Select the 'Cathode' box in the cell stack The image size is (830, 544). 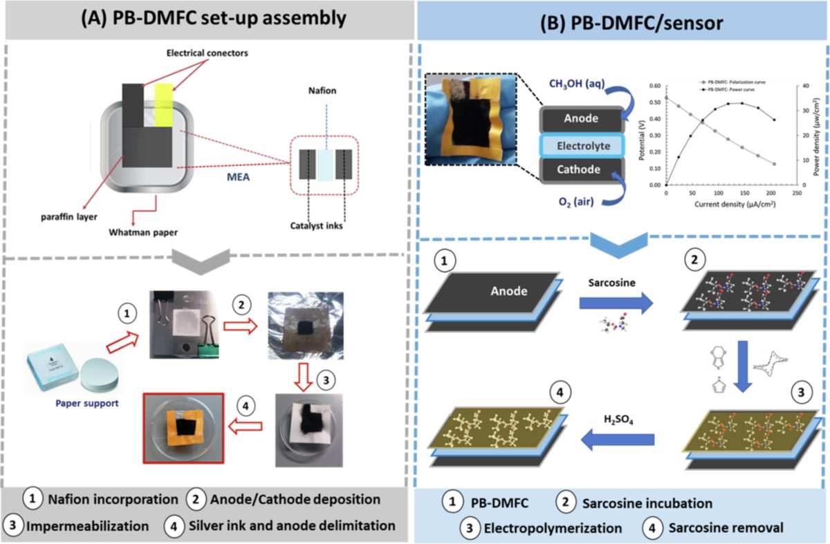(581, 170)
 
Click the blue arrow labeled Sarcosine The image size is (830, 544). (615, 301)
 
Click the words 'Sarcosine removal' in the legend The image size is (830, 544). (726, 527)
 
